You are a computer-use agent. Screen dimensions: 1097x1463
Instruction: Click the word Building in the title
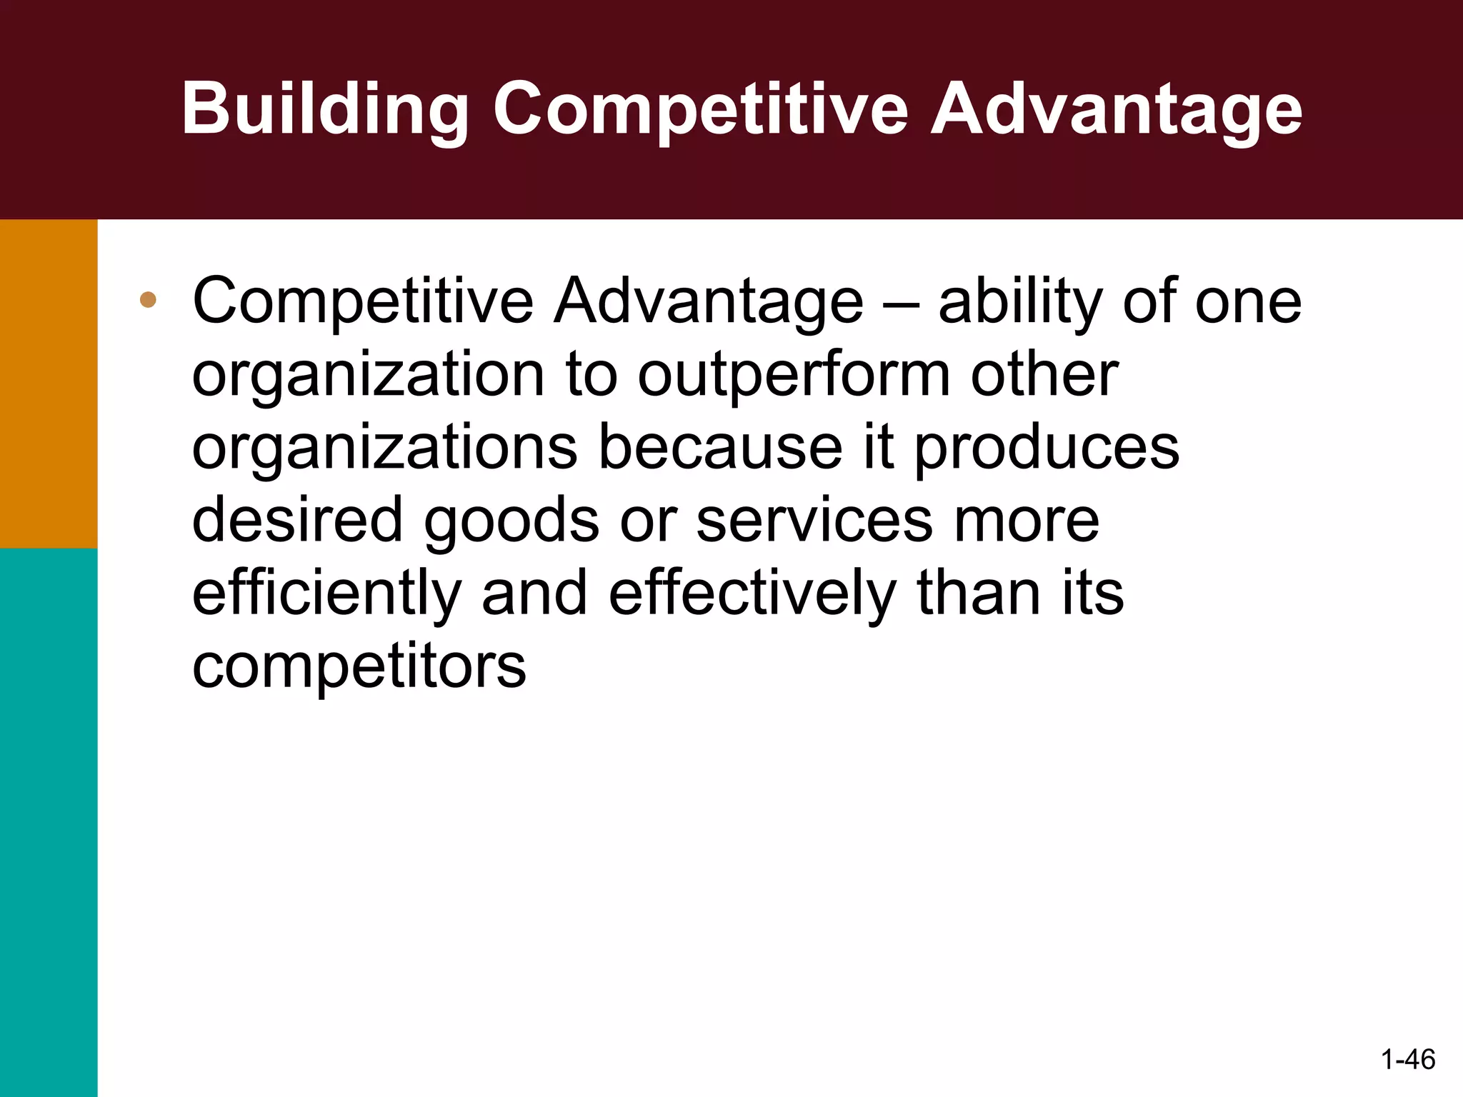(x=325, y=109)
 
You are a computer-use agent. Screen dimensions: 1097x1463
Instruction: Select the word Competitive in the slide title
(x=700, y=109)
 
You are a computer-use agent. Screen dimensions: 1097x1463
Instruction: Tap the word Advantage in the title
(x=1116, y=109)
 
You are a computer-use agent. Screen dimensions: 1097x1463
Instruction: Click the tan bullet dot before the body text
(x=148, y=300)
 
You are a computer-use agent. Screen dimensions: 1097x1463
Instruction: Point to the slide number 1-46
(x=1408, y=1059)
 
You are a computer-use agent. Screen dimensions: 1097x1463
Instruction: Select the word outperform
(x=793, y=376)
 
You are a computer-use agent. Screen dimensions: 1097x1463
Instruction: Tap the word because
(x=721, y=447)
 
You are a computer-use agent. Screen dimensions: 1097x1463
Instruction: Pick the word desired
(x=297, y=520)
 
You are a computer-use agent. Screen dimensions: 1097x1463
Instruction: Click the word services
(x=814, y=520)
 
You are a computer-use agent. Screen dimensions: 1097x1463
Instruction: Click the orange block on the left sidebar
(x=49, y=384)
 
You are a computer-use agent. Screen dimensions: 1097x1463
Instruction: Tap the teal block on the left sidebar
(x=49, y=821)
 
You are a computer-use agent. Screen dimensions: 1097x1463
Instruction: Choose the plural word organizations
(x=384, y=449)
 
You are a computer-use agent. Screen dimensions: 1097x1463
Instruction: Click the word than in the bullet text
(x=978, y=593)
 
